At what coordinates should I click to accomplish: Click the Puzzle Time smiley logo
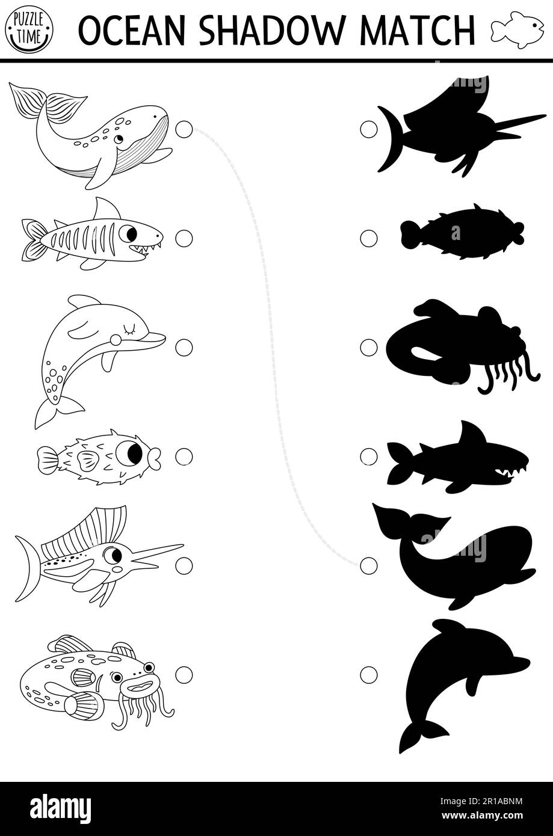point(29,28)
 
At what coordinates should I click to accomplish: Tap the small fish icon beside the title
point(517,29)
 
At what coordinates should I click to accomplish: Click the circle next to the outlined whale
point(184,129)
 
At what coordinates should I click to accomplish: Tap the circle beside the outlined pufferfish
point(184,456)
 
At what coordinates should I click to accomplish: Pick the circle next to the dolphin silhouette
point(368,675)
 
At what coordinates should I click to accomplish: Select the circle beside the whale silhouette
point(368,565)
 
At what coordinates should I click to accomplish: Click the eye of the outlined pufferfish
point(129,453)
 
